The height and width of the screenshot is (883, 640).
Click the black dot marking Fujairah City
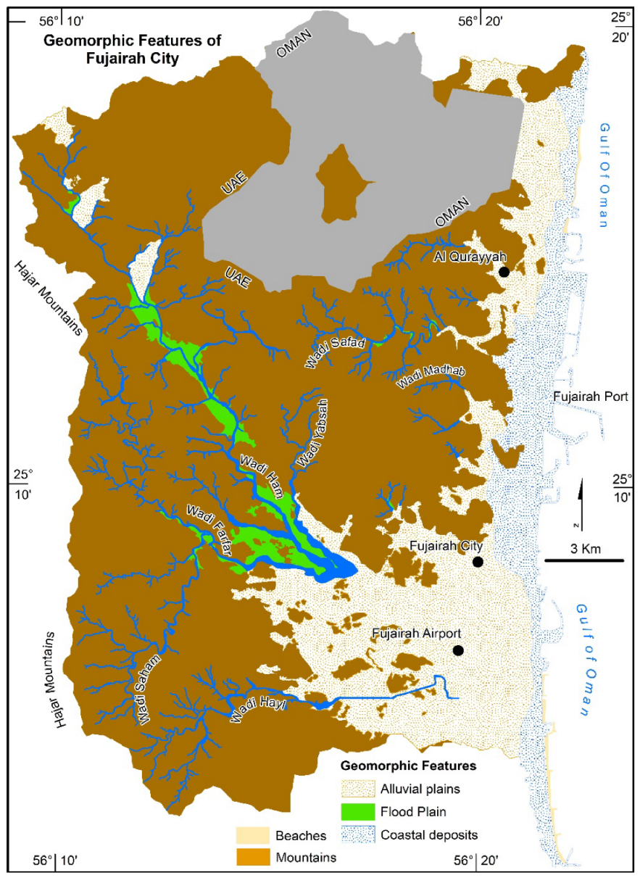pyautogui.click(x=477, y=562)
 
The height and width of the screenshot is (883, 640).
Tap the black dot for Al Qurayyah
pyautogui.click(x=504, y=272)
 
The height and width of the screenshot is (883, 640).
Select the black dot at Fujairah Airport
pyautogui.click(x=458, y=650)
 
